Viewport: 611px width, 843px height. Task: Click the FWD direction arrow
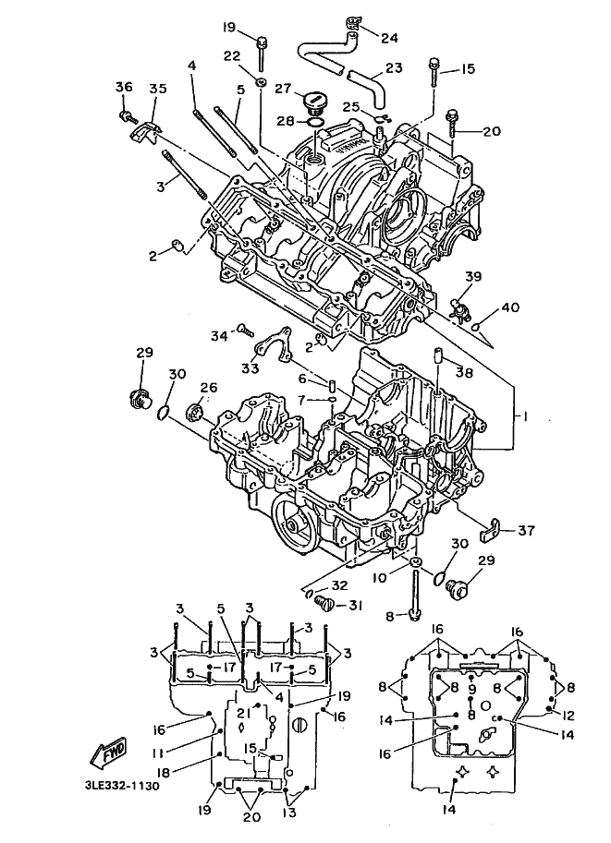(110, 752)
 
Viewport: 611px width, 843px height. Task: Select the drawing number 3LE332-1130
(122, 786)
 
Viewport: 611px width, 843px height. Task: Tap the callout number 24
(389, 38)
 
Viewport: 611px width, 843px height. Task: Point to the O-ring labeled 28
(317, 122)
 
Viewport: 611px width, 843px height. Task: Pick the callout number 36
(123, 86)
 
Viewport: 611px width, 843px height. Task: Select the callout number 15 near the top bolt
(469, 68)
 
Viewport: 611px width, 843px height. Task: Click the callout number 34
(218, 337)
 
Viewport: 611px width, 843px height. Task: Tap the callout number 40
(510, 307)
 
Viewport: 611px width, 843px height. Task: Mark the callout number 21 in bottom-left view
(245, 713)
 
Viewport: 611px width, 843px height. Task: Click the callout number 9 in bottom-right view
(471, 690)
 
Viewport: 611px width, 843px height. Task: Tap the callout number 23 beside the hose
(394, 67)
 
